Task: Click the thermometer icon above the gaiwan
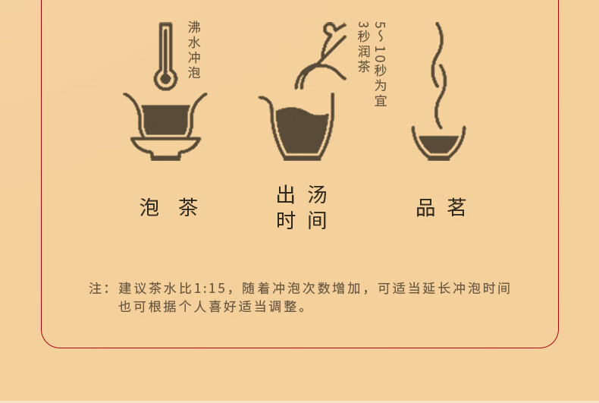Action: tap(165, 56)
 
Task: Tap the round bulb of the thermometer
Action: tap(165, 79)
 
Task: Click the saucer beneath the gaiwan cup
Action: tap(165, 148)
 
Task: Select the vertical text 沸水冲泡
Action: tap(194, 49)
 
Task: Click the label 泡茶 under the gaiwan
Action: tap(169, 207)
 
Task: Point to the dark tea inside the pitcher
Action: tap(302, 130)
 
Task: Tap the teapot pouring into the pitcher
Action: tap(321, 56)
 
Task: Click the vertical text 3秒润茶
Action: tap(364, 46)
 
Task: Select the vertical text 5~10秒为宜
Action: tap(381, 64)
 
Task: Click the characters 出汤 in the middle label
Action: tap(302, 194)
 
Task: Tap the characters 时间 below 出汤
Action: tap(302, 221)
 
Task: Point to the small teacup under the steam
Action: tap(438, 143)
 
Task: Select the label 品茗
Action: tap(441, 207)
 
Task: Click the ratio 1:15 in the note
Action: tap(210, 288)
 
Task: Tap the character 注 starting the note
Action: tap(96, 288)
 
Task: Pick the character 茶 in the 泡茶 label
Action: tap(188, 207)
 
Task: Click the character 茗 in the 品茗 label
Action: tap(456, 207)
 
